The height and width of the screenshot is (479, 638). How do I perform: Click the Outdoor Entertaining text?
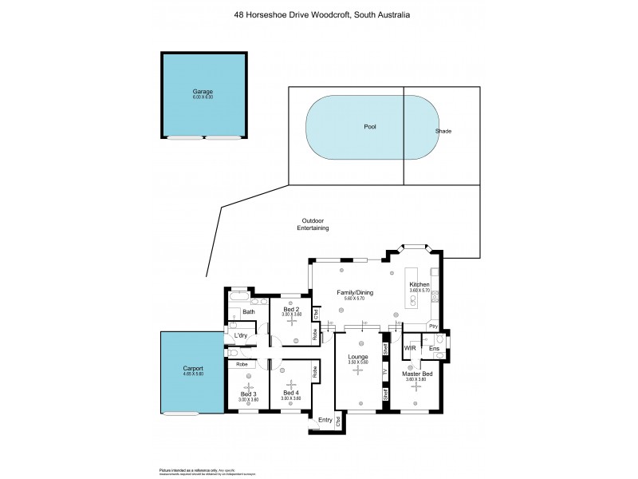click(313, 224)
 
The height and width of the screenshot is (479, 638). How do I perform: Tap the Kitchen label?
click(419, 285)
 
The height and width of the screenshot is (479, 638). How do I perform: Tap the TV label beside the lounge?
click(385, 372)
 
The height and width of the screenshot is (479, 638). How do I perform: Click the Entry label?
click(325, 420)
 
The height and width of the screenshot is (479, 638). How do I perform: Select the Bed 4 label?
click(290, 392)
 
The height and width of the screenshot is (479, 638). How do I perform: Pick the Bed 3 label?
click(249, 394)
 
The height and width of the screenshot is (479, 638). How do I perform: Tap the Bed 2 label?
click(291, 309)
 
